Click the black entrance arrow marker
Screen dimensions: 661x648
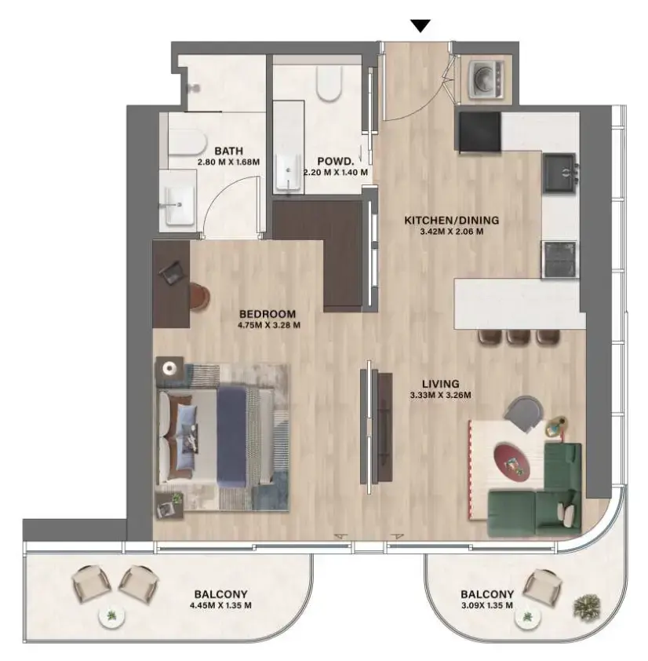tap(421, 25)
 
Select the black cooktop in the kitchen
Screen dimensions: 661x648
tap(479, 131)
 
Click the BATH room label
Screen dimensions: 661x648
tap(229, 150)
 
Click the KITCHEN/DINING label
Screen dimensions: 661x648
tap(451, 220)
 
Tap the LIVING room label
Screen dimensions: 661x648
tap(440, 383)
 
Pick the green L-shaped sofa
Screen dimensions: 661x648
tap(541, 495)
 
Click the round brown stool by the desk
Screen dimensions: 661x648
tap(202, 297)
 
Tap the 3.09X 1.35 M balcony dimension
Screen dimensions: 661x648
tap(487, 605)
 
